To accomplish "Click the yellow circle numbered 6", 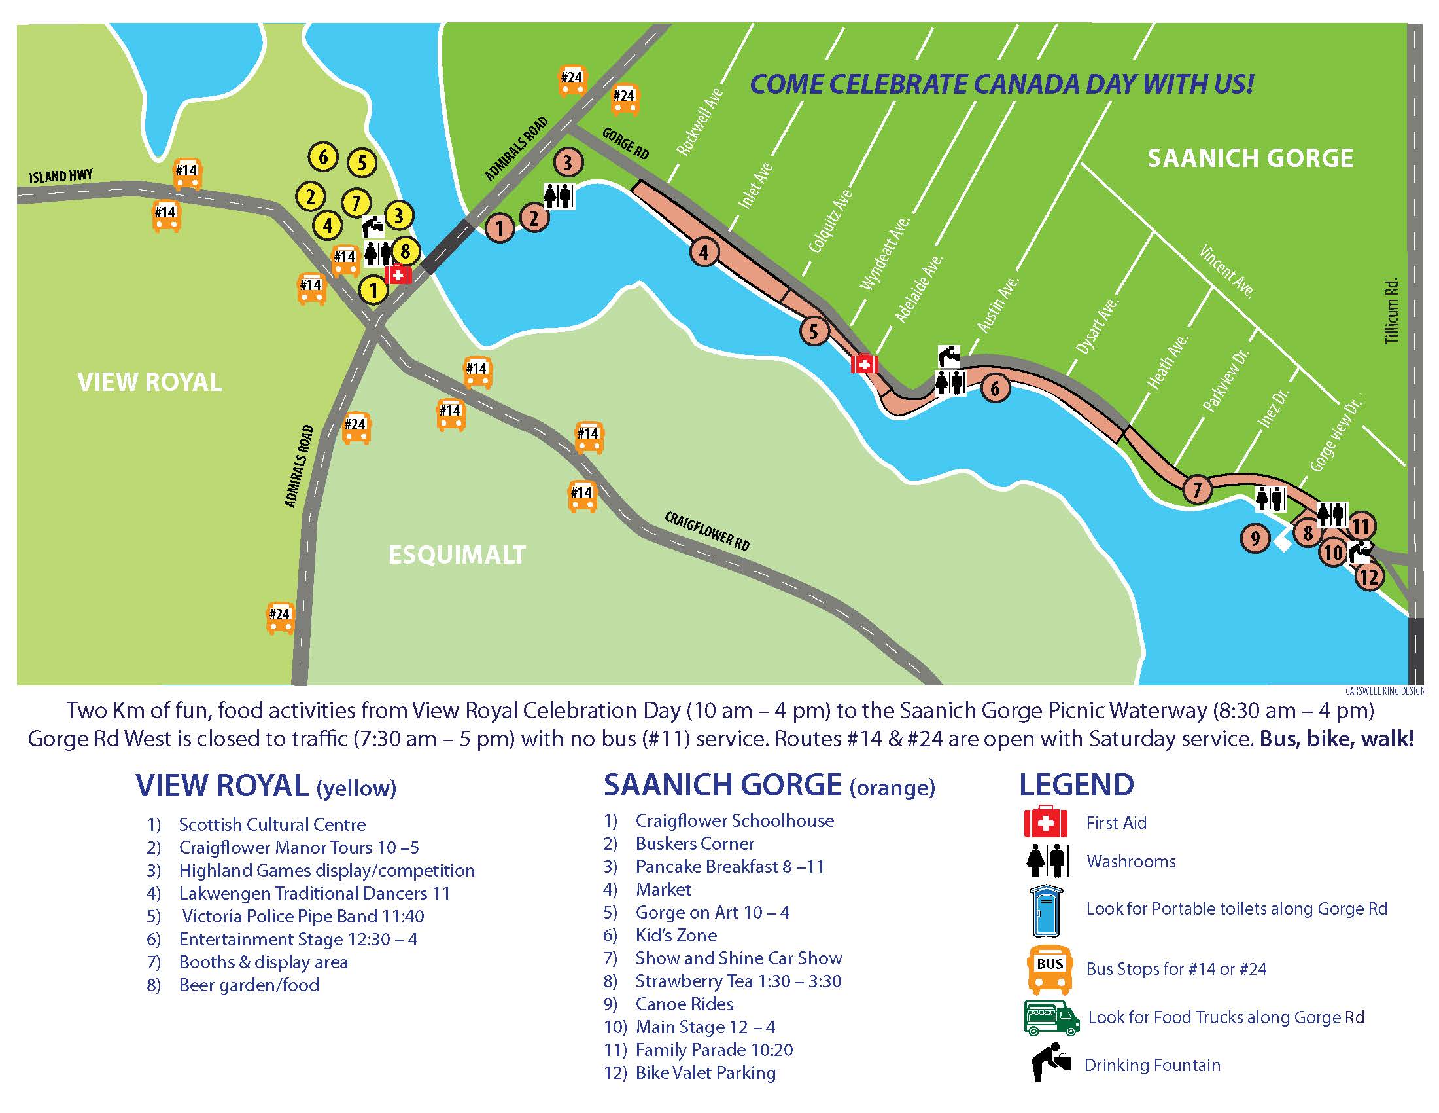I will click(x=323, y=157).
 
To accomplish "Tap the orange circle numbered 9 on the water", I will click(x=1255, y=539).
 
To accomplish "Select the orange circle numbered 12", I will click(x=1368, y=577).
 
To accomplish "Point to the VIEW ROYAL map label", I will click(x=150, y=382).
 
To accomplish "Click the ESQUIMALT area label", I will click(x=457, y=555).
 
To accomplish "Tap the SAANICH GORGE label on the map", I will click(x=1250, y=158).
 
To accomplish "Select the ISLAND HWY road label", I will click(x=61, y=176).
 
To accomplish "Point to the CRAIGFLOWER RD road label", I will click(x=706, y=531).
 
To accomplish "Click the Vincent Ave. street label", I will click(x=1226, y=271).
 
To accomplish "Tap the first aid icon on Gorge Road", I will click(x=864, y=363).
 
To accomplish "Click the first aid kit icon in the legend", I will click(x=1045, y=822).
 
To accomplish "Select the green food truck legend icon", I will click(x=1052, y=1017).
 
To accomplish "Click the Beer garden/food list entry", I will click(x=249, y=985).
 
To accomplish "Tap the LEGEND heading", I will click(x=1076, y=784).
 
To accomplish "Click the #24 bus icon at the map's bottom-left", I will click(x=280, y=617).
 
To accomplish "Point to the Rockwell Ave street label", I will click(x=700, y=122).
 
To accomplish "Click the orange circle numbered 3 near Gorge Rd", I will click(x=567, y=162).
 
